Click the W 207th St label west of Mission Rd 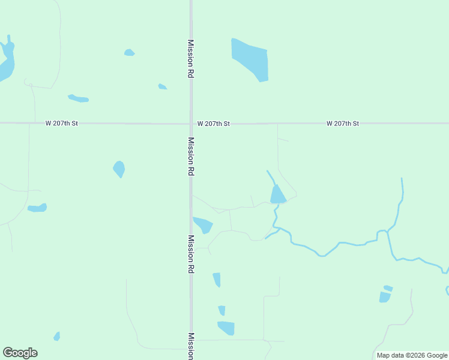[62, 123]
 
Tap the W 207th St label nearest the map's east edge [343, 123]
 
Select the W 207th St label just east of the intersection [214, 123]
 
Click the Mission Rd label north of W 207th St [191, 59]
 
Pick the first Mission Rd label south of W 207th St [191, 156]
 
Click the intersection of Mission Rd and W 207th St [191, 124]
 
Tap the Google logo [20, 353]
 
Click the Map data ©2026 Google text [412, 355]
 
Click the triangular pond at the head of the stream [278, 195]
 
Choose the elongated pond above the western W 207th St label [79, 98]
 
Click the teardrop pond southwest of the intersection [119, 169]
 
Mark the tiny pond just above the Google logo [56, 337]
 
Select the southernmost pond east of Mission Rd [226, 328]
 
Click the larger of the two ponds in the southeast [385, 297]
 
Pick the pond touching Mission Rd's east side [203, 224]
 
